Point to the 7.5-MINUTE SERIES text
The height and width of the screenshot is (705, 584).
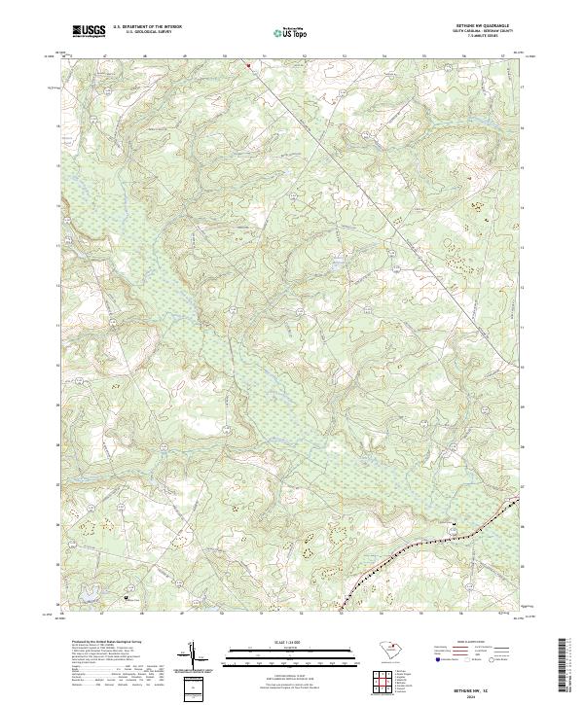[481, 38]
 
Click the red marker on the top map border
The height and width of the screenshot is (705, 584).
[247, 66]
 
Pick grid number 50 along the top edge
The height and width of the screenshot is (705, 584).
[224, 56]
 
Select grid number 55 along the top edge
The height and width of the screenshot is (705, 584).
[423, 56]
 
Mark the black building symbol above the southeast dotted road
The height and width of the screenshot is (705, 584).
[453, 525]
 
